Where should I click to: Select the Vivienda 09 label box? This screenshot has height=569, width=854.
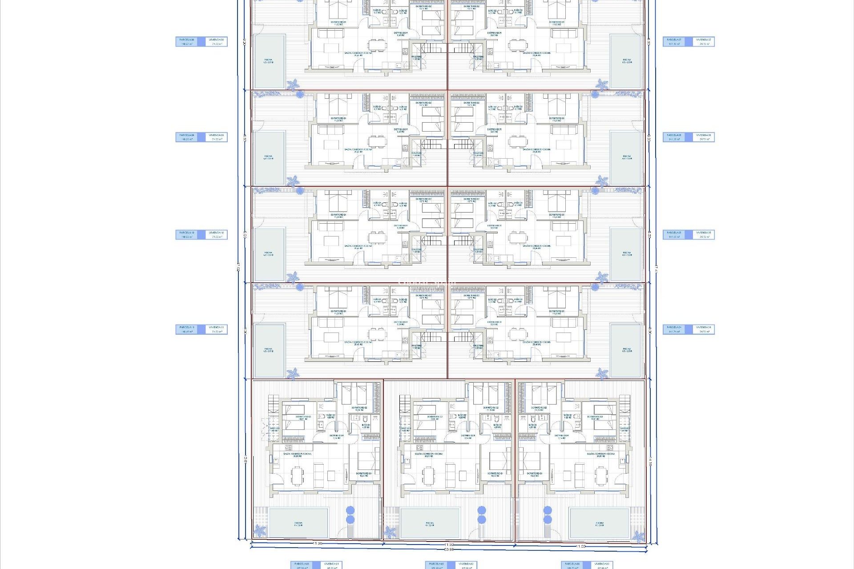pyautogui.click(x=217, y=137)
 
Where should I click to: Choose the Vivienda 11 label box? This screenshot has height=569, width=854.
pyautogui.click(x=217, y=329)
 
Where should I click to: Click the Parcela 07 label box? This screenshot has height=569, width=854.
pyautogui.click(x=674, y=41)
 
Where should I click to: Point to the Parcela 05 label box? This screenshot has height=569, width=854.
pyautogui.click(x=674, y=235)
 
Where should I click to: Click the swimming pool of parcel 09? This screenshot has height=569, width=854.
pyautogui.click(x=269, y=158)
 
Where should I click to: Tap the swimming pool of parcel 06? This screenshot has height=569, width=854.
pyautogui.click(x=626, y=158)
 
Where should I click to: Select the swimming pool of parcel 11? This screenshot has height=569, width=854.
pyautogui.click(x=269, y=350)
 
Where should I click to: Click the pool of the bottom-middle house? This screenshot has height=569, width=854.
pyautogui.click(x=430, y=523)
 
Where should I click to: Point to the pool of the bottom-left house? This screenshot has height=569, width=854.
pyautogui.click(x=298, y=523)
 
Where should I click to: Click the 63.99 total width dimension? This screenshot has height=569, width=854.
pyautogui.click(x=449, y=549)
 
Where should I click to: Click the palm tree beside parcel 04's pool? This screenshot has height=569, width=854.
pyautogui.click(x=602, y=373)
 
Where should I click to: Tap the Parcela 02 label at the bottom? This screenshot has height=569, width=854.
pyautogui.click(x=436, y=565)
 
